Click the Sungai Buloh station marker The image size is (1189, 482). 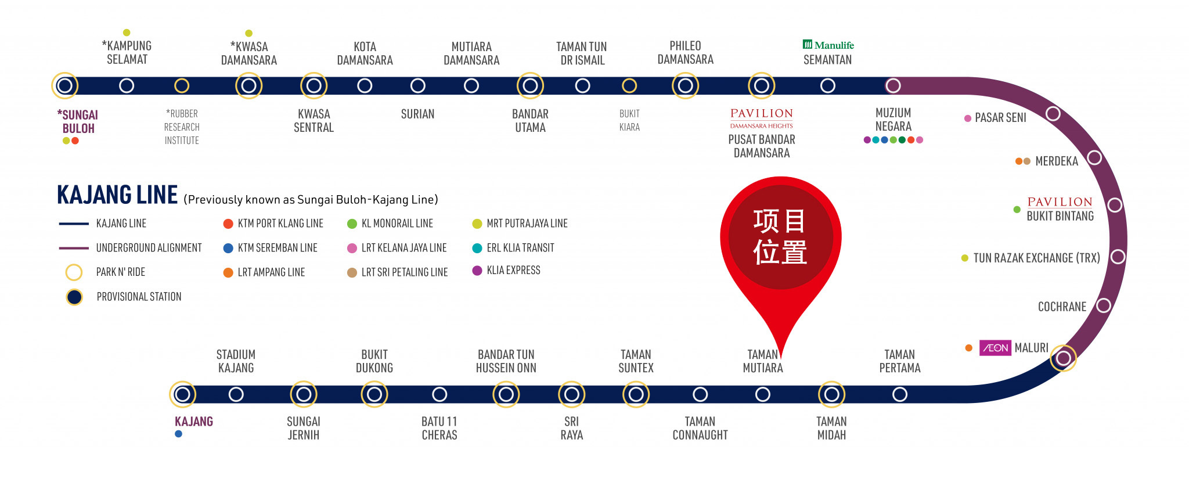[x=65, y=86]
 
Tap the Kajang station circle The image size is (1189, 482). [x=182, y=395]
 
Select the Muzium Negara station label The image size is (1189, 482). [x=893, y=120]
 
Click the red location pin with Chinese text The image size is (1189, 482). [x=780, y=238]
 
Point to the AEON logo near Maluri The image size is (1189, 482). [x=995, y=348]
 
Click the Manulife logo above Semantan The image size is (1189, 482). [x=828, y=45]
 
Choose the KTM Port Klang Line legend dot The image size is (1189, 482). [x=228, y=224]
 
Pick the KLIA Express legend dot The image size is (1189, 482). [x=477, y=271]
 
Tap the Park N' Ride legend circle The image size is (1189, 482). [x=74, y=272]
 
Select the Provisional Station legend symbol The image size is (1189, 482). [x=74, y=297]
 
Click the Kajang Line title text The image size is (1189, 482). [x=117, y=195]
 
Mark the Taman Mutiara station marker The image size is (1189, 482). [x=763, y=395]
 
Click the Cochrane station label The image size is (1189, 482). [x=1062, y=307]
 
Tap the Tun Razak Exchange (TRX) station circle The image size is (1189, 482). [x=1118, y=257]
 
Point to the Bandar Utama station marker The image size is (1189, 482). [x=530, y=86]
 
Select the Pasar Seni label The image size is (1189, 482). [x=1000, y=118]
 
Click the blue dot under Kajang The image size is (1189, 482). [x=178, y=434]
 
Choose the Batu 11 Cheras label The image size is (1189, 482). [x=439, y=428]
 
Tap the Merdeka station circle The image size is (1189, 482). [x=1094, y=157]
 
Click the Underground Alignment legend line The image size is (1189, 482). [x=73, y=248]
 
